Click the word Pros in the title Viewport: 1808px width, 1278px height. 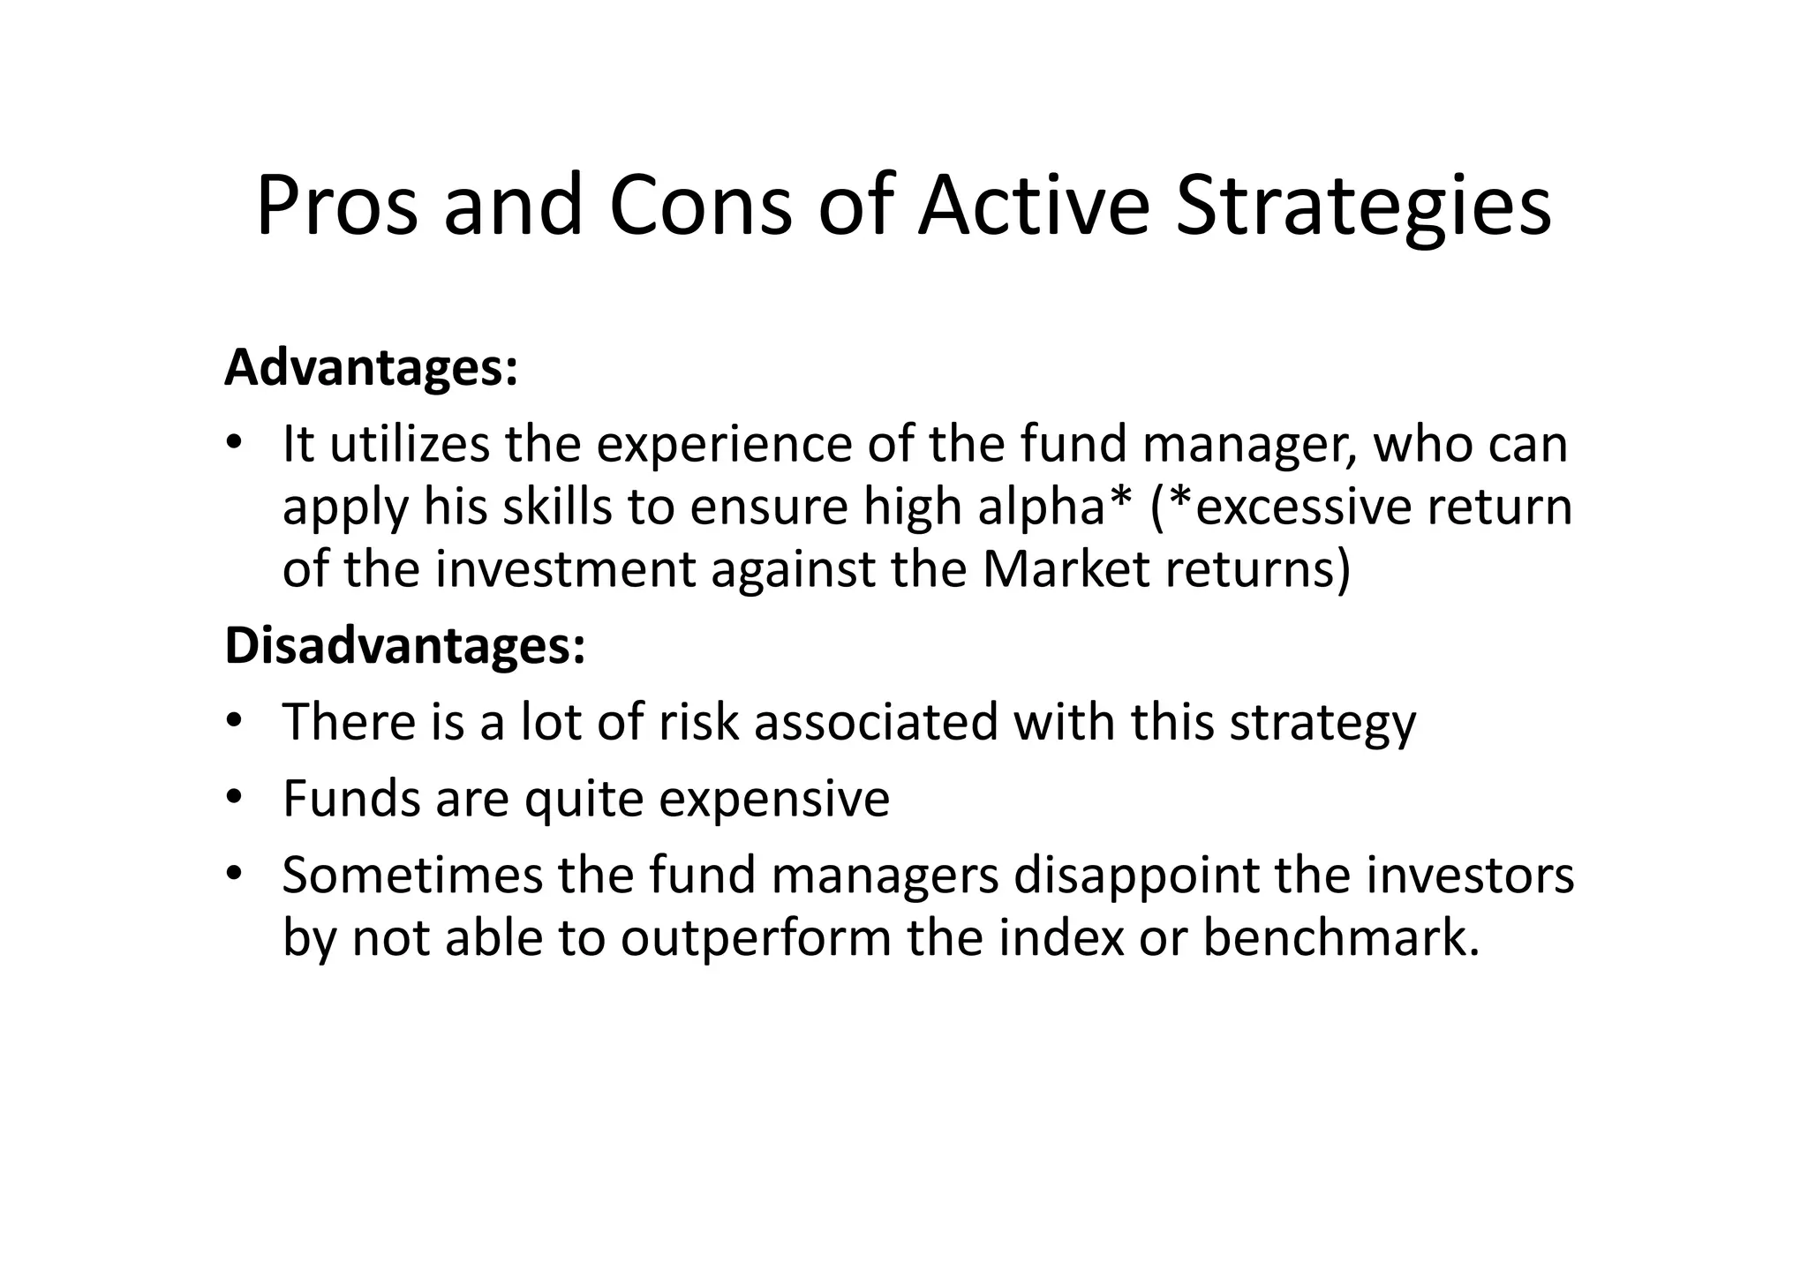tap(336, 207)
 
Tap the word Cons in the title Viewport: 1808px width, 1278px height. tap(700, 207)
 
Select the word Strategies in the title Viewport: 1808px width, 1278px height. tap(1363, 207)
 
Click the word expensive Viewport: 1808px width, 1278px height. tap(773, 800)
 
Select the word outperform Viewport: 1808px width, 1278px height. tap(756, 937)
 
